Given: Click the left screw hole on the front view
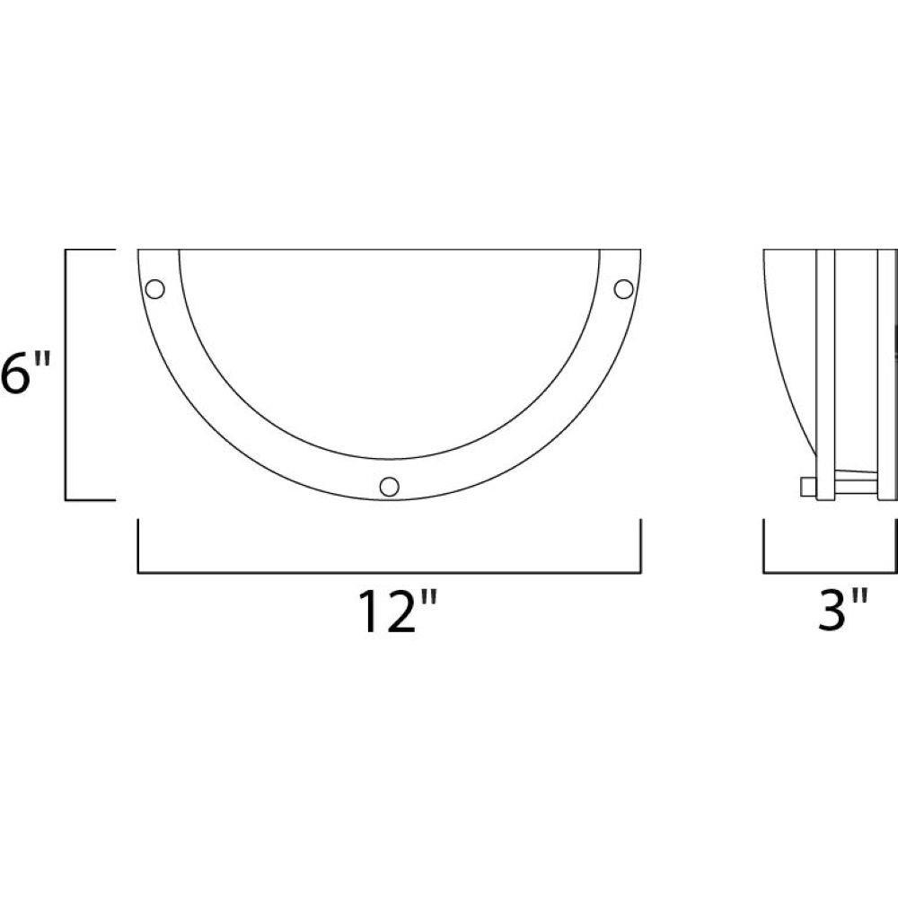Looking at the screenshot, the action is point(154,288).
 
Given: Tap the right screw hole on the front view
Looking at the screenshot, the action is point(624,288).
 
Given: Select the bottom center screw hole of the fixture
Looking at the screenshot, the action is point(390,486).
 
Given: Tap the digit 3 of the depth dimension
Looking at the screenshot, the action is point(831,611).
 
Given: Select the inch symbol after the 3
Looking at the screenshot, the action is point(859,598).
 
